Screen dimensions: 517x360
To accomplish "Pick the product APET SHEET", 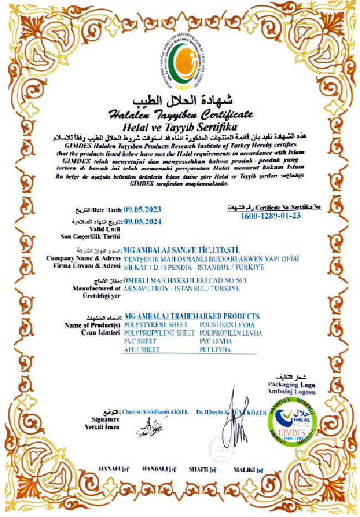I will pos(142,350).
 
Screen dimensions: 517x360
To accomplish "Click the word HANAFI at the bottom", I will pos(110,469).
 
